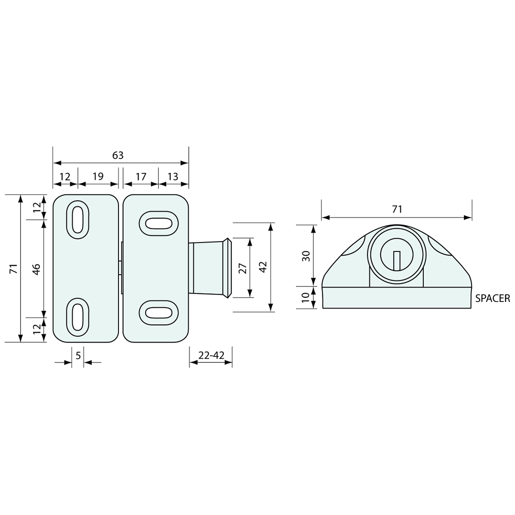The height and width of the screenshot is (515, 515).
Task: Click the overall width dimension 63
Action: click(118, 155)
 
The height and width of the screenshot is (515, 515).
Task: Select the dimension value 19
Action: click(98, 177)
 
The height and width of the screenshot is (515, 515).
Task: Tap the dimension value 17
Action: click(140, 177)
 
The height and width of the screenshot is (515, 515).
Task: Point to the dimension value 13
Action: click(173, 177)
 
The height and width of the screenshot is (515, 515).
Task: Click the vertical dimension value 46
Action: click(36, 268)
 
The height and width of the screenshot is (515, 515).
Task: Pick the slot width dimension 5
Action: click(78, 356)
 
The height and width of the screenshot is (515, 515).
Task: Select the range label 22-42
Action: click(211, 356)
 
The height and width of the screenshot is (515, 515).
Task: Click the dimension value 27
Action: click(242, 268)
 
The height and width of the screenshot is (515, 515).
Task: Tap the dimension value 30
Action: click(306, 256)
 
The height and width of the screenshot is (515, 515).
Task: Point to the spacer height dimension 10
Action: click(306, 297)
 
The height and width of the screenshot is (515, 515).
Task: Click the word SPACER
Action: click(492, 298)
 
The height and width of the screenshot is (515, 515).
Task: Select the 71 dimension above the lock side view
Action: click(397, 209)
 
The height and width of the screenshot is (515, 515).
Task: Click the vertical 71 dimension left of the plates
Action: click(14, 268)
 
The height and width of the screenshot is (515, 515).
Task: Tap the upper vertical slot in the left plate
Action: click(78, 220)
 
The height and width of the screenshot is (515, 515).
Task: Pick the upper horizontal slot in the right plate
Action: click(159, 223)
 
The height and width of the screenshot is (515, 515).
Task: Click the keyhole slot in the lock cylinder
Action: click(397, 260)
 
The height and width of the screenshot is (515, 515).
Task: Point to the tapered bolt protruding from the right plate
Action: click(209, 268)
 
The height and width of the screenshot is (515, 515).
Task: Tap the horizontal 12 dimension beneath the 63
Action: click(65, 177)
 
